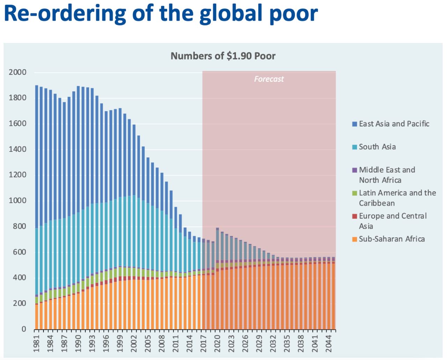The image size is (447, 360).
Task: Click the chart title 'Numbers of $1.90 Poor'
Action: pos(223,56)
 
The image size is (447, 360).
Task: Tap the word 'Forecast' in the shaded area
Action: pos(269,79)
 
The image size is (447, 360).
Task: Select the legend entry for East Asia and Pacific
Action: pos(394,124)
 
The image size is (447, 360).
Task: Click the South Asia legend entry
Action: pos(377,147)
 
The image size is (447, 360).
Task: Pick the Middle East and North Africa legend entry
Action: pos(387,175)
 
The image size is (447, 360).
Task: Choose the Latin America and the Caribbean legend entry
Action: pos(397,198)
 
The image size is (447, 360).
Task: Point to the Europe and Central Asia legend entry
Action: pos(393,221)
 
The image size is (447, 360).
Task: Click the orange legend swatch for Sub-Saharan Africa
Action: pos(354,239)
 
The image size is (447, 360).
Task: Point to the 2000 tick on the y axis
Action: pos(17,72)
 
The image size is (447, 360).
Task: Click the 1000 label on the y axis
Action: pos(17,201)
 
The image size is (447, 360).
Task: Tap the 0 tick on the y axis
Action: pos(24,329)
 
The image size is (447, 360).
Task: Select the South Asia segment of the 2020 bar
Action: pos(217,245)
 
